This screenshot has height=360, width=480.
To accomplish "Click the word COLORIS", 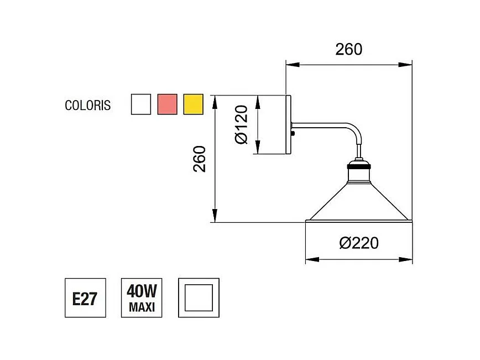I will click(x=87, y=105).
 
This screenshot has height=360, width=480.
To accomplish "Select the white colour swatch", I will click(x=141, y=104).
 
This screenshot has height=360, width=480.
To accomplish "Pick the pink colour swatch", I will click(x=168, y=104).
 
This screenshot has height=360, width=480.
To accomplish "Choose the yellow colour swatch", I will click(x=194, y=104).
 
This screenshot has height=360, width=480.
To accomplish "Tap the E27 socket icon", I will click(x=85, y=298).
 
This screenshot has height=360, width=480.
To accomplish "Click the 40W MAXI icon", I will click(x=142, y=298).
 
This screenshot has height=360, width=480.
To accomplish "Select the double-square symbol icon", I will click(x=199, y=298).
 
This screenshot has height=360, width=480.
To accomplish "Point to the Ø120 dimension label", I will click(x=242, y=124).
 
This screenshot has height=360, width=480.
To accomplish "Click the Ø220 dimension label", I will click(x=359, y=243).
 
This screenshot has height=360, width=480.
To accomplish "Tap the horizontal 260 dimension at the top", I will click(x=349, y=49).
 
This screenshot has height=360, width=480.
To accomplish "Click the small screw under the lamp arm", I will click(x=293, y=133).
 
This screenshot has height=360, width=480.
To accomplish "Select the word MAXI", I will click(x=142, y=306).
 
